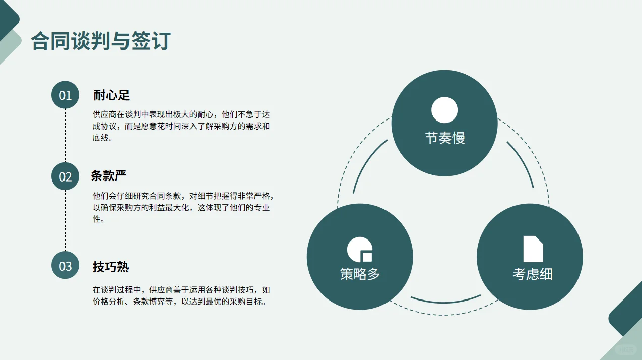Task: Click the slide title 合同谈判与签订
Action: pyautogui.click(x=101, y=41)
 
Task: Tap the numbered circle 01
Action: pyautogui.click(x=66, y=95)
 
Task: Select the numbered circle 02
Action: pyautogui.click(x=66, y=176)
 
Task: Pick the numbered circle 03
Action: pyautogui.click(x=66, y=266)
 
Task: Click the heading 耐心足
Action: pyautogui.click(x=112, y=95)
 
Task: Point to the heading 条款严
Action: pyautogui.click(x=109, y=175)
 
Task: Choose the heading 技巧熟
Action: pyautogui.click(x=111, y=267)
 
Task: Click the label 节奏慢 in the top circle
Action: pyautogui.click(x=444, y=138)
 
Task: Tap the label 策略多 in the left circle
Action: pyautogui.click(x=360, y=274)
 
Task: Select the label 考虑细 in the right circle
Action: pyautogui.click(x=533, y=274)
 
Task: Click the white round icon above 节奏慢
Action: pyautogui.click(x=444, y=110)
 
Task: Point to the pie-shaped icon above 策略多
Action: pyautogui.click(x=360, y=249)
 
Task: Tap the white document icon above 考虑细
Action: pyautogui.click(x=533, y=249)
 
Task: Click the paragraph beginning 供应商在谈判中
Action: pyautogui.click(x=181, y=126)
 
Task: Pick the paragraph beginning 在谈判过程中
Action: pyautogui.click(x=181, y=296)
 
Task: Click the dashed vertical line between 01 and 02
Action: pyautogui.click(x=66, y=136)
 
